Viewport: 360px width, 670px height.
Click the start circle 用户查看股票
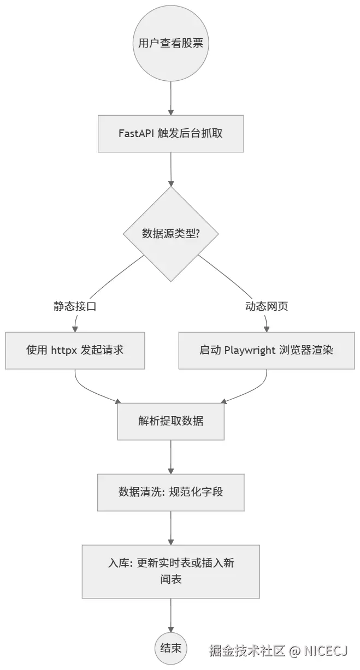[171, 43]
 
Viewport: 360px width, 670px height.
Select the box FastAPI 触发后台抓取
[171, 133]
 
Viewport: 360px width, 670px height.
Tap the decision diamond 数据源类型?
[171, 234]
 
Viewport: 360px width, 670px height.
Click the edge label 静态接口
[75, 306]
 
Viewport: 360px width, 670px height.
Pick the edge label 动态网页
[267, 306]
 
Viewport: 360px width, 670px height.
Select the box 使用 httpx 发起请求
[75, 350]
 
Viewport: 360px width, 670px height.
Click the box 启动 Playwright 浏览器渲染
[267, 350]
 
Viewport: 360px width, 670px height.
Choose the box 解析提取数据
[171, 421]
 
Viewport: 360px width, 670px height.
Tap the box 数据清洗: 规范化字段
[171, 492]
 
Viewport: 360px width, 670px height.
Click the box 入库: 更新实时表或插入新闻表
[171, 571]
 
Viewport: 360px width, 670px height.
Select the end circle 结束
[171, 649]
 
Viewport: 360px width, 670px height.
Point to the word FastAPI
[137, 133]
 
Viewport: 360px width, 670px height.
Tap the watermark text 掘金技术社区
[247, 651]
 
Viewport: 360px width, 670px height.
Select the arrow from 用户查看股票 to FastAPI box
[171, 98]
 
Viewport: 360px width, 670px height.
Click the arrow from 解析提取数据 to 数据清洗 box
[171, 456]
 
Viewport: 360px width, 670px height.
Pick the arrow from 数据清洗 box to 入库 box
[171, 527]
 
